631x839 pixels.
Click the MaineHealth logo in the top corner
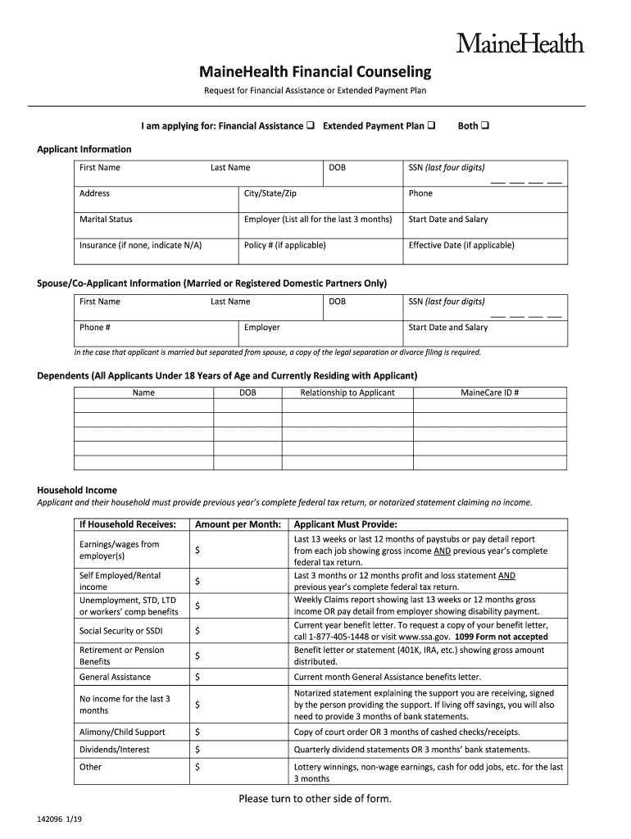pyautogui.click(x=520, y=42)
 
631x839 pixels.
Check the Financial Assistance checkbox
pyautogui.click(x=311, y=126)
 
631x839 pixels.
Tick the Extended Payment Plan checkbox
pyautogui.click(x=431, y=126)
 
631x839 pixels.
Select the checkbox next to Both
pyautogui.click(x=485, y=126)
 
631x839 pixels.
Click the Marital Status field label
pyautogui.click(x=106, y=220)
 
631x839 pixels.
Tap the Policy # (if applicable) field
pyautogui.click(x=284, y=245)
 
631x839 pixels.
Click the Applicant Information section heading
pyautogui.click(x=84, y=149)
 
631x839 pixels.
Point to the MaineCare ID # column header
pyautogui.click(x=489, y=392)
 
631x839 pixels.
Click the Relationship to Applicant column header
pyautogui.click(x=347, y=392)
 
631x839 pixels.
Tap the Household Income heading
pyautogui.click(x=77, y=490)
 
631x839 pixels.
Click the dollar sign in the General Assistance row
pyautogui.click(x=197, y=678)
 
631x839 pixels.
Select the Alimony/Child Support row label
pyautogui.click(x=122, y=732)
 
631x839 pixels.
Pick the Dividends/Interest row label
pyautogui.click(x=114, y=750)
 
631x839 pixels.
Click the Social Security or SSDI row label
pyautogui.click(x=120, y=631)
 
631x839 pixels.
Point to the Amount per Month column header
pyautogui.click(x=238, y=524)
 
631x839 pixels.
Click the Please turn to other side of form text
pyautogui.click(x=315, y=799)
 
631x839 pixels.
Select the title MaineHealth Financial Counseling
pyautogui.click(x=315, y=71)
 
